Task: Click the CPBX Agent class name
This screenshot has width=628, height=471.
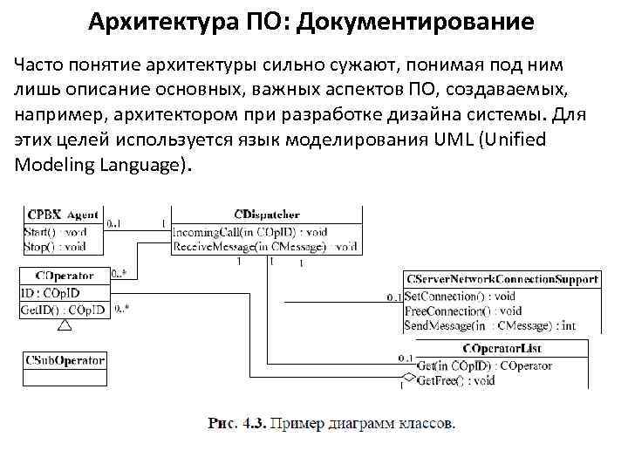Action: click(x=63, y=214)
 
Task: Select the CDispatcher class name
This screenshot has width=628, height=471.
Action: click(x=266, y=214)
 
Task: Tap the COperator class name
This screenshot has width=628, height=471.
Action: click(x=65, y=276)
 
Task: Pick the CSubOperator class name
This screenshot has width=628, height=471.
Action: click(x=65, y=359)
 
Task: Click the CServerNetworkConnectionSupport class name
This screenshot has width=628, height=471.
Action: click(x=502, y=279)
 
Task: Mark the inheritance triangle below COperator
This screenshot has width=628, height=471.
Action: click(x=64, y=325)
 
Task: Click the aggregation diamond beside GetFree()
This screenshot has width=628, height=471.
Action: click(x=404, y=381)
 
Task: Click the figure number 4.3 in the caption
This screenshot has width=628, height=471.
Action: click(x=254, y=425)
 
